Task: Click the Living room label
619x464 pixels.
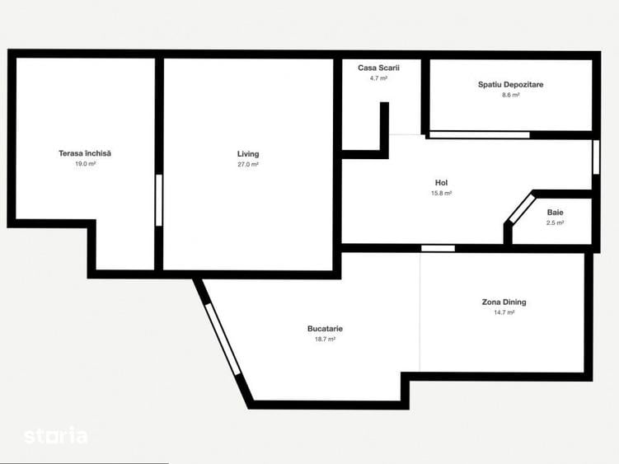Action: coord(248,154)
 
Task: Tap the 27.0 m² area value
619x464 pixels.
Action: coord(248,164)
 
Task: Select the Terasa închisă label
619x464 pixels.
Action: coord(85,153)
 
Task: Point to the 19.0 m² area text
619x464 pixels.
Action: coord(85,163)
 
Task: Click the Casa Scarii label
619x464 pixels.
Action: coord(378,68)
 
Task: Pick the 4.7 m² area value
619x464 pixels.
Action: coord(378,78)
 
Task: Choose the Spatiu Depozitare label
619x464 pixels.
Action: coord(510,85)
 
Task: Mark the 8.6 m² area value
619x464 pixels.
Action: coord(510,95)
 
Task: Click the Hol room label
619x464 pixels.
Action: coord(441,183)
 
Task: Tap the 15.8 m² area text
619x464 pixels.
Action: coord(441,193)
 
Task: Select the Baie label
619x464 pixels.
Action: coord(555,213)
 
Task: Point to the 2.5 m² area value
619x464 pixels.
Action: coord(555,223)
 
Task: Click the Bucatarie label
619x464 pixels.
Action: coord(325,329)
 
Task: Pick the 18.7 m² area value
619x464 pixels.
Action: coord(325,339)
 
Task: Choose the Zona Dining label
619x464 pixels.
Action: coord(504,302)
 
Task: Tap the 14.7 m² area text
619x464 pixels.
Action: coord(504,312)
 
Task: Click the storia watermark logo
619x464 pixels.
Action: coord(55,435)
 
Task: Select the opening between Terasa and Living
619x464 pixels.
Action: coord(159,200)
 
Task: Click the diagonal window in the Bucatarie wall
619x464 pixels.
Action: coord(223,339)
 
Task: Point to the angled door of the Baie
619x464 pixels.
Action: coord(522,209)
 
